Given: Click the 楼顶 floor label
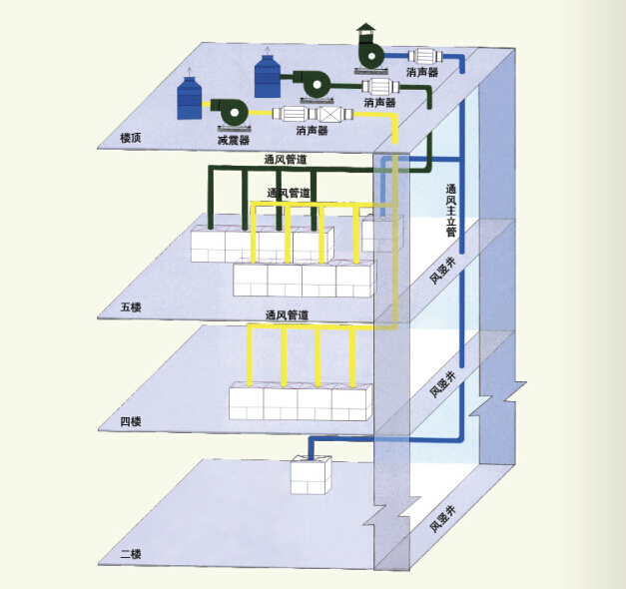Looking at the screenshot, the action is (131, 138).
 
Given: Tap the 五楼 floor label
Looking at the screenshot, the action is (131, 307).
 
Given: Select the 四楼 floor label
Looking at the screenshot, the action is (131, 421).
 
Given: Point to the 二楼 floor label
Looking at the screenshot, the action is (131, 554).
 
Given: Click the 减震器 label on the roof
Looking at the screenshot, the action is (234, 140).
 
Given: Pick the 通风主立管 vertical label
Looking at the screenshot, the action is (450, 210).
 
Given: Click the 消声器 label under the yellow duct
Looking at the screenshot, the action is (312, 131).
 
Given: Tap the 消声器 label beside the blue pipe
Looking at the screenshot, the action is (422, 72).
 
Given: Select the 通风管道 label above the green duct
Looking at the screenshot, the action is (286, 160).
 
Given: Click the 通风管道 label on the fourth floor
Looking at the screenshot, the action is (288, 315).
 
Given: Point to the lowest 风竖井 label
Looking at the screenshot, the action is (442, 519).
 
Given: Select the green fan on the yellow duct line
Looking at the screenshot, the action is (230, 112).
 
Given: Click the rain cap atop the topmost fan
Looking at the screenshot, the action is (366, 28).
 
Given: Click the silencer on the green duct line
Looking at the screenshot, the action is (380, 87).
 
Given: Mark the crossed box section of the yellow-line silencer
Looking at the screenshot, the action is (329, 115).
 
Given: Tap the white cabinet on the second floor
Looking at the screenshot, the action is (312, 475).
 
